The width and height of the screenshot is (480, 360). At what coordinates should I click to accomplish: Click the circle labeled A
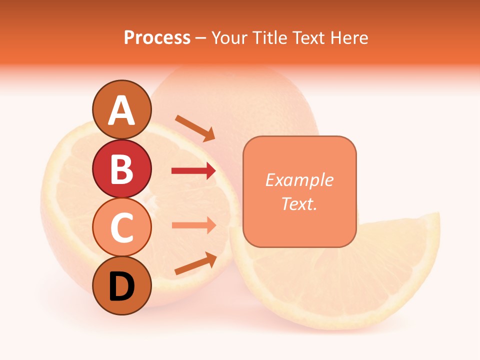coord(122,109)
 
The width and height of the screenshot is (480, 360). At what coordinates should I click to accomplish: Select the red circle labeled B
coord(122,168)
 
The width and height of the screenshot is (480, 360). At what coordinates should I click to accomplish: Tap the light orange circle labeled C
coord(122,227)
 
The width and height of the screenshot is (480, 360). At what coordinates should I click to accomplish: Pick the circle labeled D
coord(122,286)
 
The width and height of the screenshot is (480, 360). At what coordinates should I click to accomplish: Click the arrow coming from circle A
coord(195,128)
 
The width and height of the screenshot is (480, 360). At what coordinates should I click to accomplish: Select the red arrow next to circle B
coord(193,171)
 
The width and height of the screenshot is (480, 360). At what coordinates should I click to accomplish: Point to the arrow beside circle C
coord(193,225)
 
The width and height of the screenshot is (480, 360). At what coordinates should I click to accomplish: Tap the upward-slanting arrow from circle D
coord(195,263)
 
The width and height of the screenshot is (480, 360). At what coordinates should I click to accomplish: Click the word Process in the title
coord(157,38)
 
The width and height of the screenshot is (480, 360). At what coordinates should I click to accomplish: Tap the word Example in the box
coord(299,180)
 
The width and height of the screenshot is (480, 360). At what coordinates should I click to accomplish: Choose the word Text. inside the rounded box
coord(299,203)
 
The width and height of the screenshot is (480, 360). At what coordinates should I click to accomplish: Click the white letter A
coord(122,110)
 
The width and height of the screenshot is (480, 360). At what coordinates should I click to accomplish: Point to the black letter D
coord(122,286)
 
